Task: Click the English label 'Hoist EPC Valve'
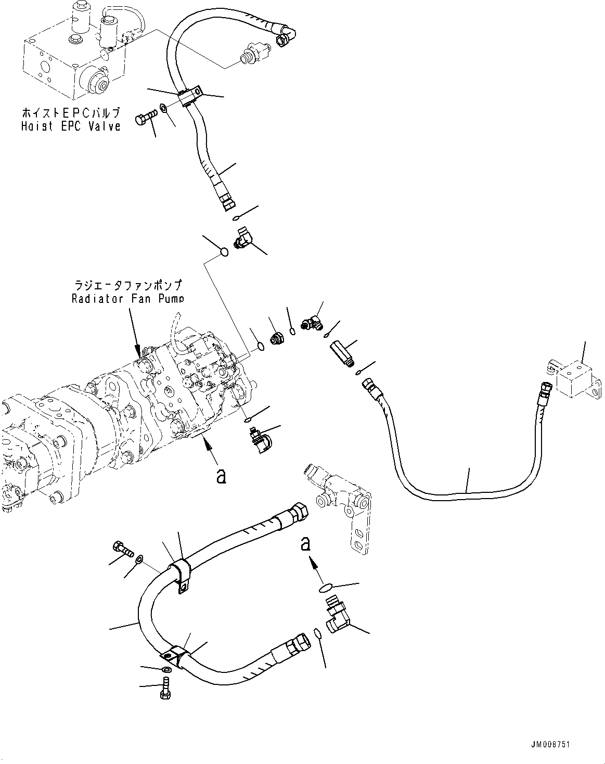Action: tap(71, 126)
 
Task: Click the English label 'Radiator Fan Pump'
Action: tap(127, 298)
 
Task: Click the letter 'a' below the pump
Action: tap(221, 476)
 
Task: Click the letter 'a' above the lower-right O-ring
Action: tap(306, 544)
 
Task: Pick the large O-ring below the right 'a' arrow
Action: tap(326, 588)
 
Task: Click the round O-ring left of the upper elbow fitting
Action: tap(224, 252)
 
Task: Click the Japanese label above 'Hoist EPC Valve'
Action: tap(71, 113)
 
